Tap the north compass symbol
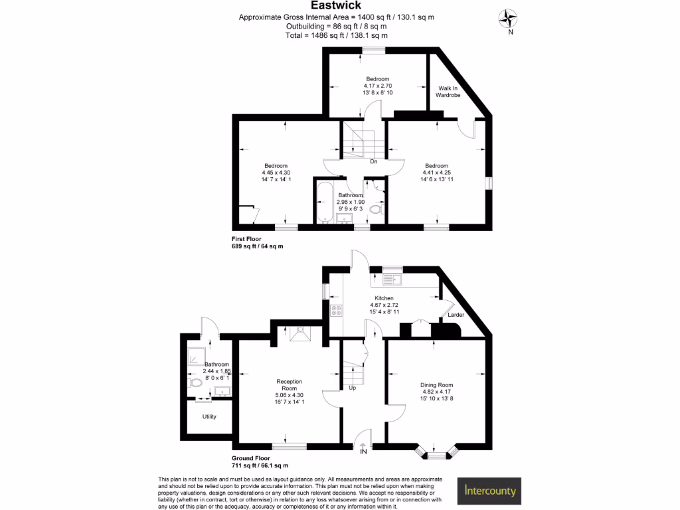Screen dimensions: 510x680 (x=509, y=18)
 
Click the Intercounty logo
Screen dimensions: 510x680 (x=490, y=492)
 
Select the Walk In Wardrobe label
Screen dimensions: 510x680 (x=447, y=92)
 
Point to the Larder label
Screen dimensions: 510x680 (x=456, y=315)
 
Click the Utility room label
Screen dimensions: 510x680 (x=209, y=417)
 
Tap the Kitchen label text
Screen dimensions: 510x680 (x=384, y=298)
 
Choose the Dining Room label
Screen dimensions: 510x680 (x=436, y=384)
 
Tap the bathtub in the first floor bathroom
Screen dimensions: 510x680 (x=325, y=202)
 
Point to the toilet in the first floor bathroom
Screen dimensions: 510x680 (x=377, y=210)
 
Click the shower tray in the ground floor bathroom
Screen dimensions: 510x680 (x=196, y=357)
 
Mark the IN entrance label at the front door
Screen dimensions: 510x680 (x=363, y=452)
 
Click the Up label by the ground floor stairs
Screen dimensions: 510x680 (x=352, y=387)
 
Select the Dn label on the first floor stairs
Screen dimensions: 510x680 (x=374, y=161)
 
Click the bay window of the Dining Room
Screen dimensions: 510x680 (x=436, y=454)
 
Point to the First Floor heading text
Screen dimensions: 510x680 (x=246, y=238)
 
